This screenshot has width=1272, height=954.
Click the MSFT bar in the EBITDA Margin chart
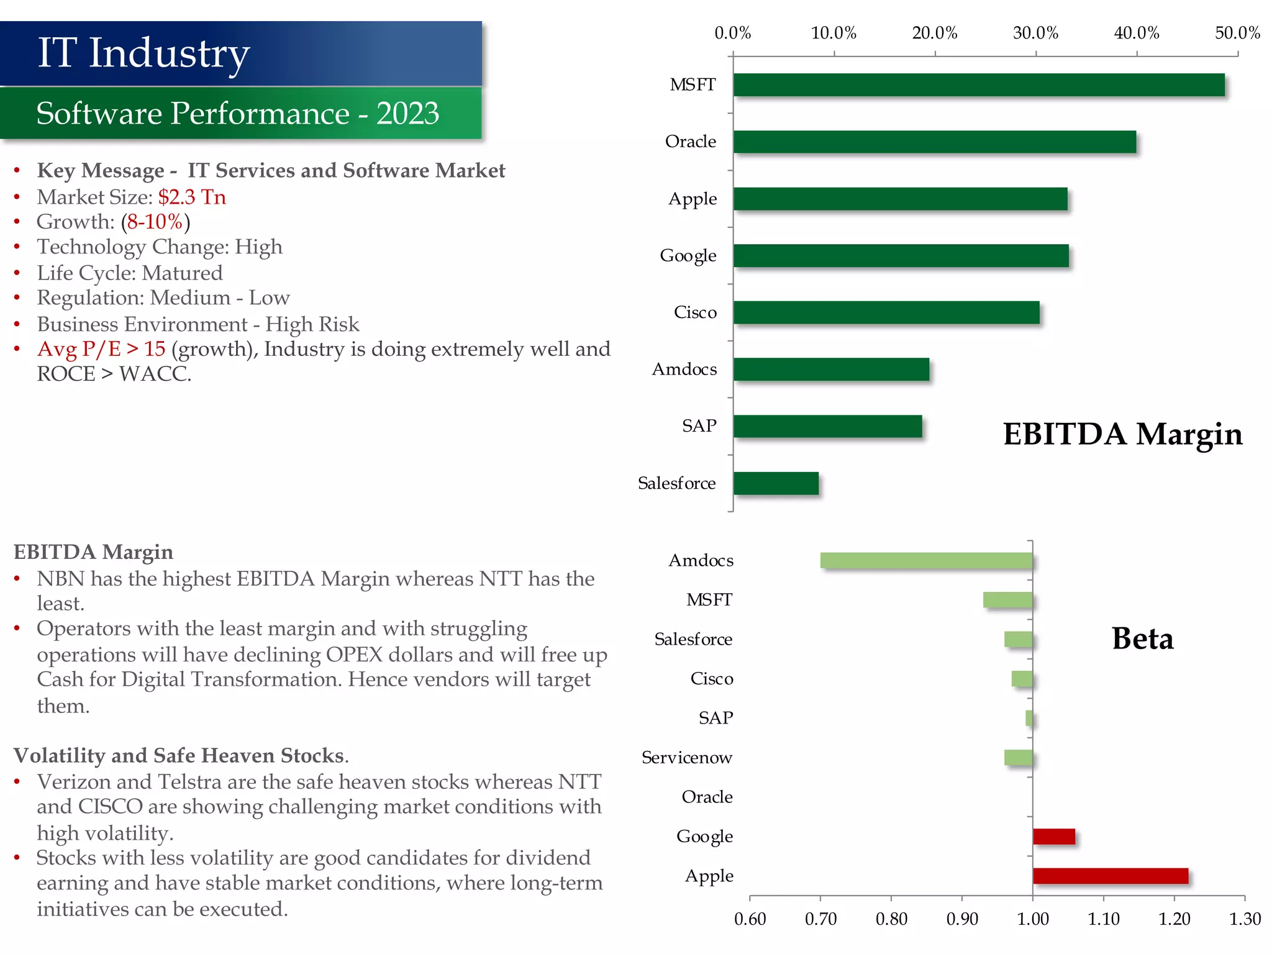(978, 85)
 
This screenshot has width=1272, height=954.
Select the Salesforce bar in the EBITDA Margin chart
(776, 483)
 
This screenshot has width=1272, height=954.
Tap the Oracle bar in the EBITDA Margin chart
(934, 142)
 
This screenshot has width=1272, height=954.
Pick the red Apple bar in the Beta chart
(1110, 876)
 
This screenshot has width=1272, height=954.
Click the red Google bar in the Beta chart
(1053, 837)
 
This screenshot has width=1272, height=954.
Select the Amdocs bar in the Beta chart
(926, 560)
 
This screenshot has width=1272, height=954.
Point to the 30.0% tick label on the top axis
(1035, 33)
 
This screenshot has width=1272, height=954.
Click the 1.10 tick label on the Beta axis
(1103, 919)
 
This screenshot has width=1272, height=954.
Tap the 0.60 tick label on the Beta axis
(750, 919)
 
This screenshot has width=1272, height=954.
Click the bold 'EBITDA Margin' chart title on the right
(1122, 434)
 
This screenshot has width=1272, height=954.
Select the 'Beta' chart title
(1142, 638)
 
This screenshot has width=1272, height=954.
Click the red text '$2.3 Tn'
(192, 197)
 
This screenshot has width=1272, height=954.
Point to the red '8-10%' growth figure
(155, 222)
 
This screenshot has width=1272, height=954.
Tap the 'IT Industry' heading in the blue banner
(143, 53)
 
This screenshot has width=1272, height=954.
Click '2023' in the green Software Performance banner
(407, 114)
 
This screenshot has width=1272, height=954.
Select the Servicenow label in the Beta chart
(686, 758)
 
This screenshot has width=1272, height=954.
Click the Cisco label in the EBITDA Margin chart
(695, 312)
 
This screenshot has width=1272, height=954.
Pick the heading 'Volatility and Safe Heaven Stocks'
(179, 755)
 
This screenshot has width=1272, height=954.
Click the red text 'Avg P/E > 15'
(101, 349)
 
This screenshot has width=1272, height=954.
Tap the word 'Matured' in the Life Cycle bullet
(182, 273)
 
